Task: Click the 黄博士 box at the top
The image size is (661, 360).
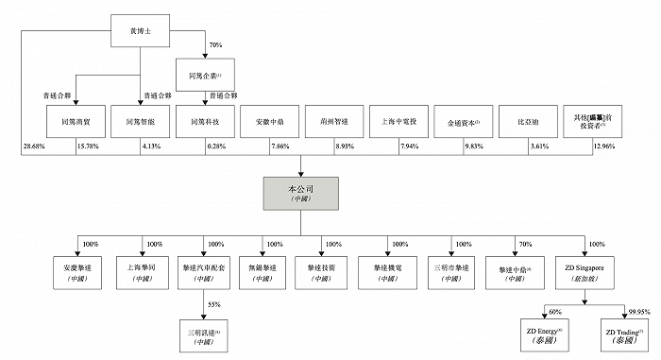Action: tap(139, 31)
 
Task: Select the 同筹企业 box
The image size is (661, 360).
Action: tap(204, 73)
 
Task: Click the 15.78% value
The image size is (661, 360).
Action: tap(89, 147)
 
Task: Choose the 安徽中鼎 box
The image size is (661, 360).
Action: tap(269, 122)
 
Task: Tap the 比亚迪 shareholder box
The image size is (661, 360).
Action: tap(528, 122)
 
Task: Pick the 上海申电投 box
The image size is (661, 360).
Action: tap(398, 122)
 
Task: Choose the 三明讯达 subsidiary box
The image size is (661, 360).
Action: tap(206, 336)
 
